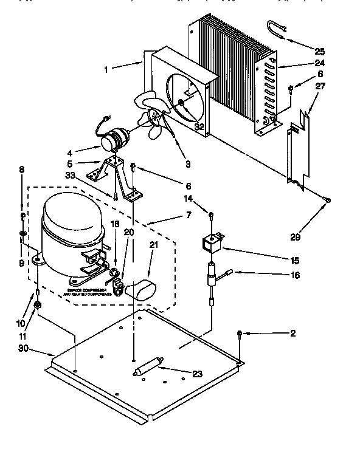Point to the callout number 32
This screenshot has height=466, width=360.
(x=199, y=127)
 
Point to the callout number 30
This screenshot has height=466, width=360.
(x=24, y=349)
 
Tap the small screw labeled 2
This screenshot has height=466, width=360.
(x=241, y=334)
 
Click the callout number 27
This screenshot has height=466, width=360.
(x=320, y=86)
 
